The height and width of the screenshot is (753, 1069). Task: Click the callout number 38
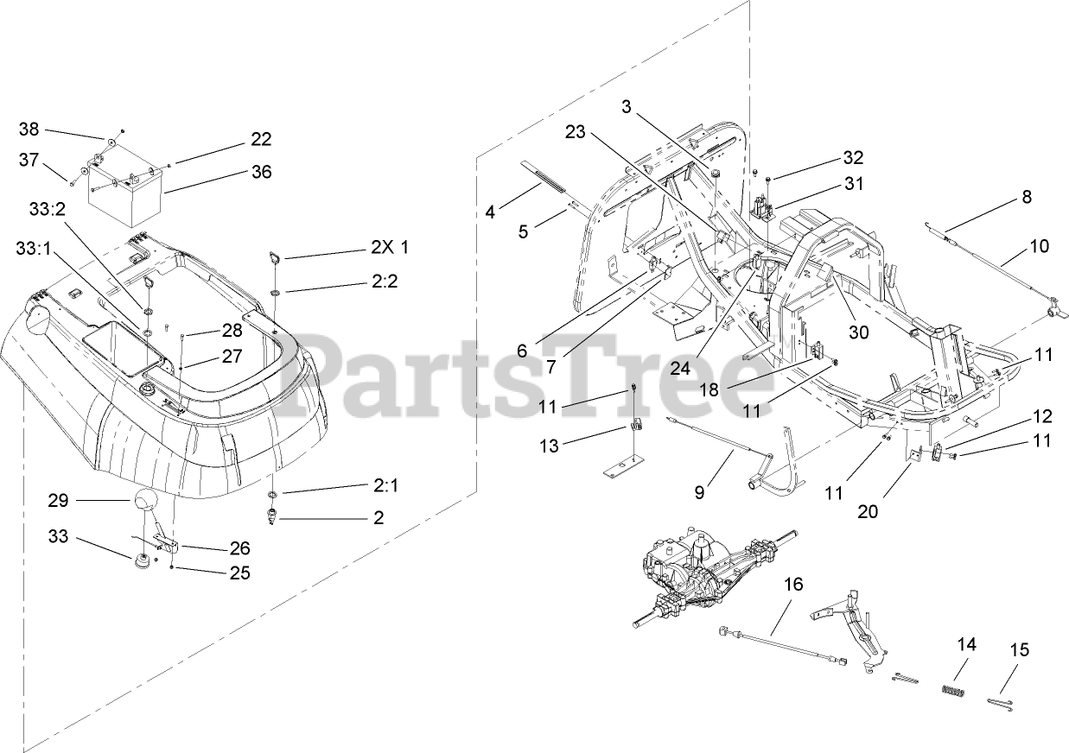pyautogui.click(x=29, y=130)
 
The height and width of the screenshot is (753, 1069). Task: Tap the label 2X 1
pyautogui.click(x=389, y=248)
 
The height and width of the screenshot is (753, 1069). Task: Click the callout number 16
pyautogui.click(x=793, y=585)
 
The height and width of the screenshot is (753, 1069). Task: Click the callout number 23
pyautogui.click(x=576, y=132)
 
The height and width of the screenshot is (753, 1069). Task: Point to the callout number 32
pyautogui.click(x=829, y=158)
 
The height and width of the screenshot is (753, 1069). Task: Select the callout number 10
pyautogui.click(x=1039, y=246)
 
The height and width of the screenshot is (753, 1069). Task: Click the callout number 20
pyautogui.click(x=868, y=511)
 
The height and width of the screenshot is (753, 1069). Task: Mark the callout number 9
pyautogui.click(x=699, y=492)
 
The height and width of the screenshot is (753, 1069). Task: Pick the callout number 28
pyautogui.click(x=232, y=329)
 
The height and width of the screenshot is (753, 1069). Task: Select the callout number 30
pyautogui.click(x=858, y=332)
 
